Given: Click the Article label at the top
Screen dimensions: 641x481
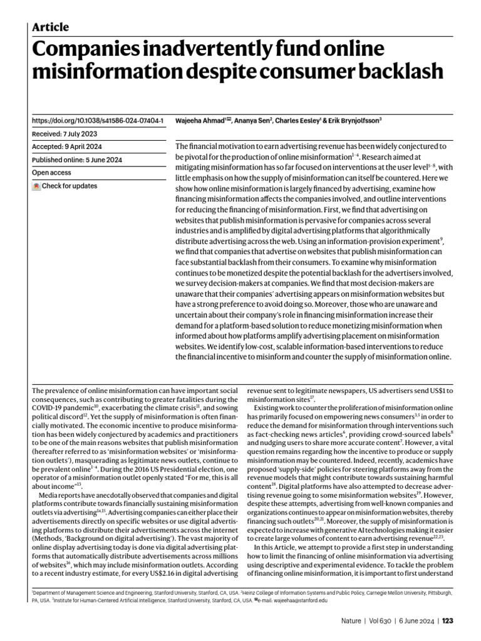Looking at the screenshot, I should coord(50,26).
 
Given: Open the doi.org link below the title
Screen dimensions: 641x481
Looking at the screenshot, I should coord(97,120).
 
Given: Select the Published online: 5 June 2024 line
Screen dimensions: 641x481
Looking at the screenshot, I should coord(76,160).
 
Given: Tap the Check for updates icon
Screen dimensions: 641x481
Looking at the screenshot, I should coord(36,186).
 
